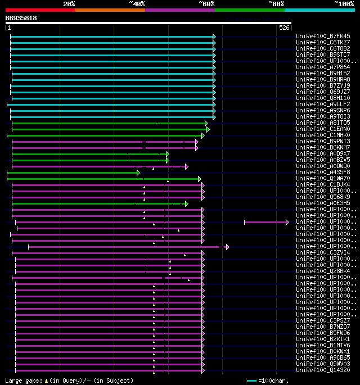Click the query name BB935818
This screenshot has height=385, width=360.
(21, 18)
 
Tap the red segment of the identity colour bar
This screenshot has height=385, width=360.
(40, 10)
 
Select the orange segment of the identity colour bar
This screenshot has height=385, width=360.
(110, 10)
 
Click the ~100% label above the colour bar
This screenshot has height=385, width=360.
(344, 3)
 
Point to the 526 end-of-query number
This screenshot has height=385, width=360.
(284, 27)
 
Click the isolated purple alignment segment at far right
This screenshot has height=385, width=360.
(265, 222)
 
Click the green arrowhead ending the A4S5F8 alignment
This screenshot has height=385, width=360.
(138, 173)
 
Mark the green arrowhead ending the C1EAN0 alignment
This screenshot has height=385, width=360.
(208, 129)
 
